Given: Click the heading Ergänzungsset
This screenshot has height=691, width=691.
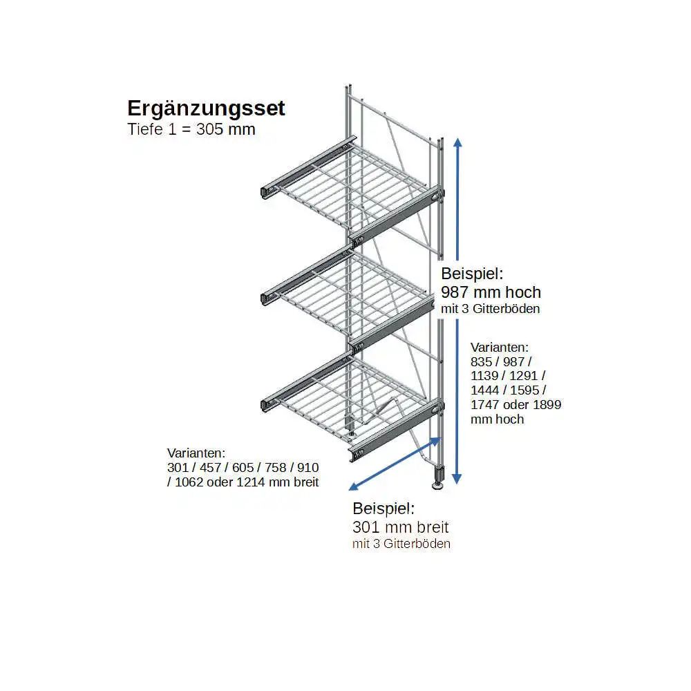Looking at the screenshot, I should [206, 108].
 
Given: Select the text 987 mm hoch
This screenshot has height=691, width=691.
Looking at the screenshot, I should [491, 292].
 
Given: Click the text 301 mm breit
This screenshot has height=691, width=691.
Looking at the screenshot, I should [400, 528].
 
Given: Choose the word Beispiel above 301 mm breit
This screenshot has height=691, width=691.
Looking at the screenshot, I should [384, 509].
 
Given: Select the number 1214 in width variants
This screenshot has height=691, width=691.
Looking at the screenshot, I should [251, 482].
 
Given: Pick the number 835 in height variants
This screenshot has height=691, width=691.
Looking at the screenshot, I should [483, 362].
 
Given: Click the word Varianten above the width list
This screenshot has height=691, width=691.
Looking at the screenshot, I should [196, 453].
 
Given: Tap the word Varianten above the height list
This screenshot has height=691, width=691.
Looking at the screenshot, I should [500, 347].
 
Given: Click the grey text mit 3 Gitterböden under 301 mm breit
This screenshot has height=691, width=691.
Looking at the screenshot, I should [401, 545].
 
